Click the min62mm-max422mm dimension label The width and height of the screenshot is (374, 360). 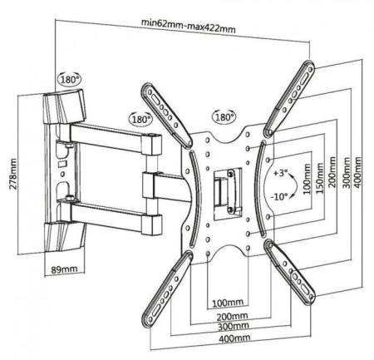click(189, 26)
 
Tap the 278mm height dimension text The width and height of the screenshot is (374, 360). click(12, 174)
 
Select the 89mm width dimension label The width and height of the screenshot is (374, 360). click(64, 269)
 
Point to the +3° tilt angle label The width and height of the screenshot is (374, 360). click(279, 173)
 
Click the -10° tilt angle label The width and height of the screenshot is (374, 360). click(278, 197)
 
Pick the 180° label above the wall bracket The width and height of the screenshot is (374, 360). click(70, 80)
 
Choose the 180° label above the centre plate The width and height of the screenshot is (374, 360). click(224, 117)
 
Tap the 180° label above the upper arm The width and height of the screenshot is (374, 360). click(140, 120)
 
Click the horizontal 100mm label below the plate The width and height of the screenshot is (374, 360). click(228, 302)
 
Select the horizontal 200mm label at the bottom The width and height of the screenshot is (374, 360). click(232, 316)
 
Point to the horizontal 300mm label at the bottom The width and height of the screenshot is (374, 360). click(234, 327)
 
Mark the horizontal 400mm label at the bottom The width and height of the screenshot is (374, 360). click(234, 338)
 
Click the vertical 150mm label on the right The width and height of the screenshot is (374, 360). click(320, 178)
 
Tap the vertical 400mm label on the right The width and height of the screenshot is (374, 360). click(357, 172)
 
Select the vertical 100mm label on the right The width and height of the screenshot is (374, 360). click(307, 179)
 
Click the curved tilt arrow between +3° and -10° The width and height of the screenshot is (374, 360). click(294, 185)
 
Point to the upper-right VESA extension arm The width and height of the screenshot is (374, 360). click(289, 98)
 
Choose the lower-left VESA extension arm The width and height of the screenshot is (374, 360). click(167, 288)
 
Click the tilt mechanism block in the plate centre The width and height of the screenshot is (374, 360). click(228, 192)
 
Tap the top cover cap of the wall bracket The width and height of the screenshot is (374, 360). click(64, 106)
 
